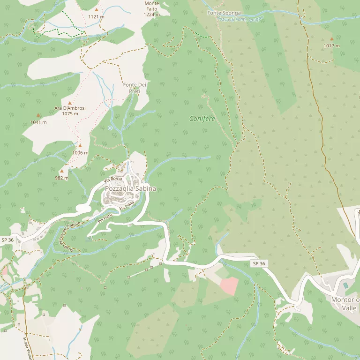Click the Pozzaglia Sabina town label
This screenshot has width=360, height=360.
130,188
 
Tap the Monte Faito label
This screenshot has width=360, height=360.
151,9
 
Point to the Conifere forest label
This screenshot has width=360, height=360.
202,119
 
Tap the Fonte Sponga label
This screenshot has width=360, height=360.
224,13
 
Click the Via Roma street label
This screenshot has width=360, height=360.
113,179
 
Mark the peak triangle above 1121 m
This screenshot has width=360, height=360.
97,9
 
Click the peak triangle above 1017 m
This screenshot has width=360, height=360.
332,39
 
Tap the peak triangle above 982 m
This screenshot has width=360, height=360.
61,171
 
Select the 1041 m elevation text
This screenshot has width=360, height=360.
38,122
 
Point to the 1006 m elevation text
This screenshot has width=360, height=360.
80,152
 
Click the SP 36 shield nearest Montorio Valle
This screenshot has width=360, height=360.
259,264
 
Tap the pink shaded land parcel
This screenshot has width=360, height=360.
229,285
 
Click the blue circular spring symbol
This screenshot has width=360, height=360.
110,127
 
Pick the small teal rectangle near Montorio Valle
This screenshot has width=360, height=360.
346,285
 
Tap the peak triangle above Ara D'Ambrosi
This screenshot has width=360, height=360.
70,103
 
